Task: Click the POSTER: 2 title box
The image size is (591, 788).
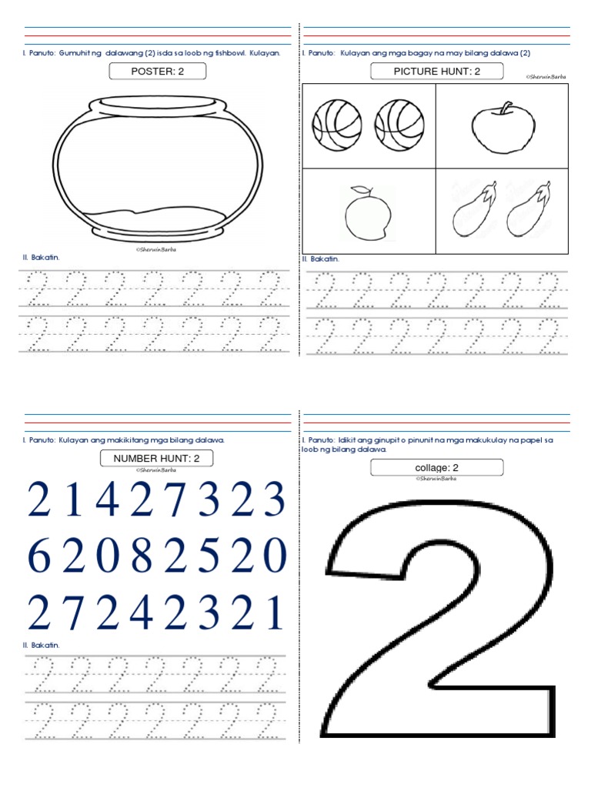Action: (x=158, y=72)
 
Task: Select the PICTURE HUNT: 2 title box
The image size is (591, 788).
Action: (x=437, y=72)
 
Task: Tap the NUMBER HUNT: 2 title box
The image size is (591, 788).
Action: (x=157, y=459)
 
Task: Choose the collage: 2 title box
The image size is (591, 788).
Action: (x=436, y=467)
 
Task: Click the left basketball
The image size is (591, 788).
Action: (x=337, y=125)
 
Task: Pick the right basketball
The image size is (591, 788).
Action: (x=399, y=125)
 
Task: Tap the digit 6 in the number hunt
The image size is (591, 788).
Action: (x=38, y=556)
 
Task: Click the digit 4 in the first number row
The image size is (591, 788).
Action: (x=107, y=500)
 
